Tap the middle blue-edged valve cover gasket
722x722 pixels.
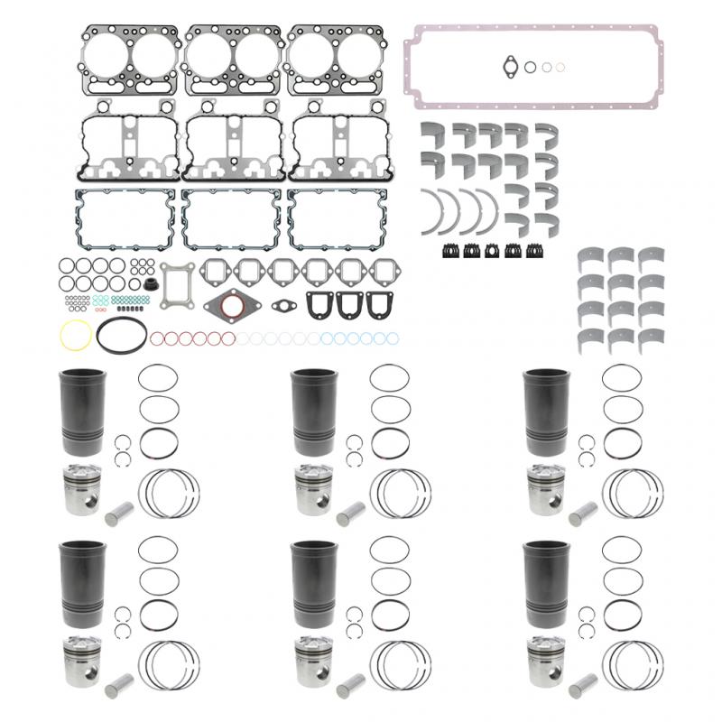232,219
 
